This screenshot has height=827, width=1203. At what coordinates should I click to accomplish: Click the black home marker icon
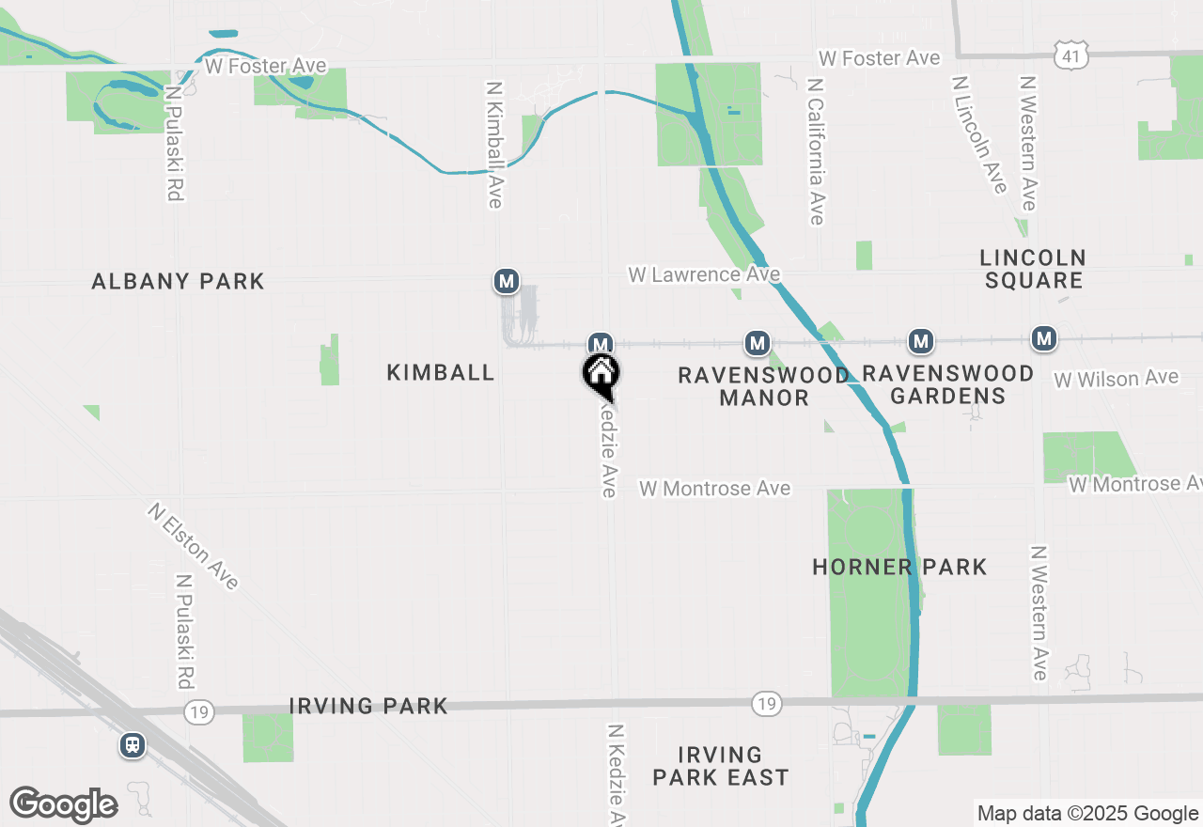601,375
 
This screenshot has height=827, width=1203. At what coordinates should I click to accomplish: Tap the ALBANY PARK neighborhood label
178,281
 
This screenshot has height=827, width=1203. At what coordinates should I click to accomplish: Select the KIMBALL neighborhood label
441,372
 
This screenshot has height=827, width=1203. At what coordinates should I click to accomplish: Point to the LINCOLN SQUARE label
1033,269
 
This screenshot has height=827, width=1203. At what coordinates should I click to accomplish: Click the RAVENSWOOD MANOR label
763,386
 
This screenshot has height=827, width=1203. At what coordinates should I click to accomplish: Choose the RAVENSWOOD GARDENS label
947,384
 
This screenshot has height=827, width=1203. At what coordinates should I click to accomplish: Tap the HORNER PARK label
899,567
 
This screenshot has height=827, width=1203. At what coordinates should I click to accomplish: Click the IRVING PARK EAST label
720,766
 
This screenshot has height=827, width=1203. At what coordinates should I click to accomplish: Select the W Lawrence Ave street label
704,274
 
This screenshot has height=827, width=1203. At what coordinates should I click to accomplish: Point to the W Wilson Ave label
1116,379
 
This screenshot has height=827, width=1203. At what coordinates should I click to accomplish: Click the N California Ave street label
815,150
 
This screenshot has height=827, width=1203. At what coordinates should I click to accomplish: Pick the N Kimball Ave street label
494,144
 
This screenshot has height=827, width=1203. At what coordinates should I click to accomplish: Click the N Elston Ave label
193,546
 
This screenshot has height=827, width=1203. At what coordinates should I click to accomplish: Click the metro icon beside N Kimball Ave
507,281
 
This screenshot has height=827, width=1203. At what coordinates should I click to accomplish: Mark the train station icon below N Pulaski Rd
133,745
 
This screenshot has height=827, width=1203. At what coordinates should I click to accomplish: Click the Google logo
63,804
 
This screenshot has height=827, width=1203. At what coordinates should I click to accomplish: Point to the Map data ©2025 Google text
1087,814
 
